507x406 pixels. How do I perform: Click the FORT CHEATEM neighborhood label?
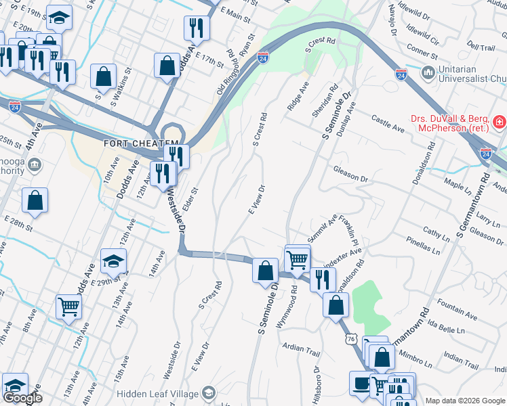pyautogui.click(x=132, y=144)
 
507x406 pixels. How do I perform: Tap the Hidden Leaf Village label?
pyautogui.click(x=157, y=394)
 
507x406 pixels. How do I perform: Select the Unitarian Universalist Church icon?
pyautogui.click(x=428, y=72)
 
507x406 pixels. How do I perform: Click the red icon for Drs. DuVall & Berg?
pyautogui.click(x=500, y=122)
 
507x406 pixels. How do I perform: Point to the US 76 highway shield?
pyautogui.click(x=350, y=338)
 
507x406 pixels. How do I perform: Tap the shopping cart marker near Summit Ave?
pyautogui.click(x=298, y=258)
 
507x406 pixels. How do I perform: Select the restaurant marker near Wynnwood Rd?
pyautogui.click(x=323, y=278)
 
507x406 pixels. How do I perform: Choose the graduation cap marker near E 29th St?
pyautogui.click(x=113, y=260)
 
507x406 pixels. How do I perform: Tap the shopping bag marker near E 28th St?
pyautogui.click(x=35, y=200)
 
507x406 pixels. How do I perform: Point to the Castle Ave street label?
pyautogui.click(x=388, y=120)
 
